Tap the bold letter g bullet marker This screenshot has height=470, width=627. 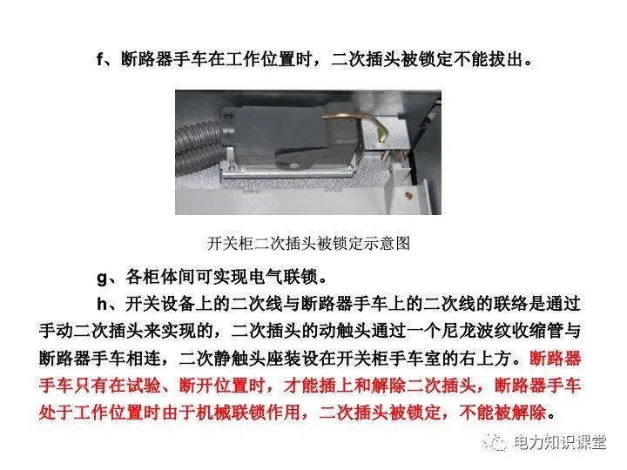[x=101, y=279]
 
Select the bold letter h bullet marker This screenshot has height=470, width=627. [x=101, y=304]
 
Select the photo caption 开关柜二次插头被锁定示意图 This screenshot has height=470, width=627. [x=308, y=243]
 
